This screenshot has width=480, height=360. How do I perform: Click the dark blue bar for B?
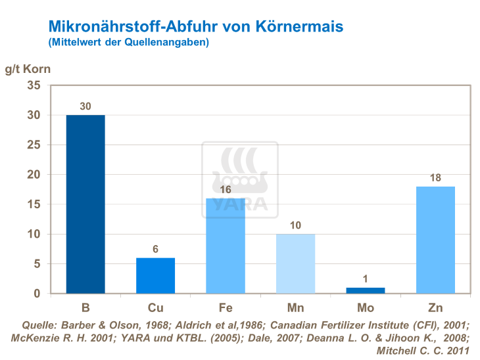[85, 204]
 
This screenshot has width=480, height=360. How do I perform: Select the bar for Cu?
[155, 275]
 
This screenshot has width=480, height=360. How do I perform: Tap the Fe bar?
[226, 246]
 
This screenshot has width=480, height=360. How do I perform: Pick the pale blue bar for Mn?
[295, 263]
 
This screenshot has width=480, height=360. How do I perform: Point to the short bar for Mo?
[365, 290]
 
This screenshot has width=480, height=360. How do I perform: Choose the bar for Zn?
[435, 240]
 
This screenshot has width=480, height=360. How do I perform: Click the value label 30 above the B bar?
[85, 106]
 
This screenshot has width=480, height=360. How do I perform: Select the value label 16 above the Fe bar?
[226, 189]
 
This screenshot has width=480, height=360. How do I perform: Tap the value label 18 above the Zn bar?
[435, 177]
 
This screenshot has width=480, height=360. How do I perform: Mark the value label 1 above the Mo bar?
[365, 279]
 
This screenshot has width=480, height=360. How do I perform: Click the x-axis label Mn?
[295, 307]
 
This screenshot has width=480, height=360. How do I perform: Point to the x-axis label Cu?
[155, 307]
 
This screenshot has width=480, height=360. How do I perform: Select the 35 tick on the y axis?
[34, 85]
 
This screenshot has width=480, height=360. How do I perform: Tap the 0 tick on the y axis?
[37, 294]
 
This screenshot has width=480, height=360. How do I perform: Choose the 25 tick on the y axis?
[34, 145]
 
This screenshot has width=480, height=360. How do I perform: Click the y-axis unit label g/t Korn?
[27, 68]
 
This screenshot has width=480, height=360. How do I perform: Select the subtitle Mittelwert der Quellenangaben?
[129, 43]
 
